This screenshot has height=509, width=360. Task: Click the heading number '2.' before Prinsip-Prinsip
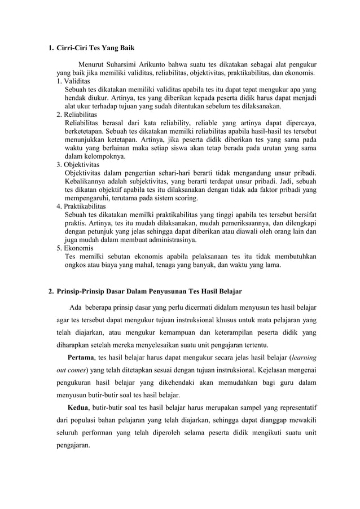click(51, 291)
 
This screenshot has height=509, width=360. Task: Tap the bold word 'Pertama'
click(81, 357)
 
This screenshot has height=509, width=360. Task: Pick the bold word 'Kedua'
click(77, 407)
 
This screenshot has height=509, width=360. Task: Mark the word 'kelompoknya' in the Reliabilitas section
click(102, 156)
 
